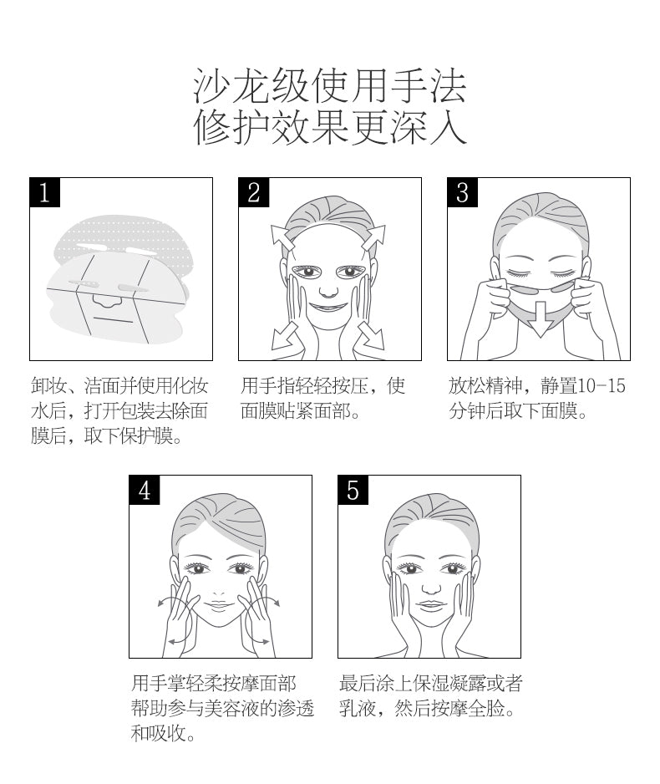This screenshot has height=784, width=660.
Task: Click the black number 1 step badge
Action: point(44,192)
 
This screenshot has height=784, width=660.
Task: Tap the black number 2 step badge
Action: point(254,192)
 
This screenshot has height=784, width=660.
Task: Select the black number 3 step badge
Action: point(462,192)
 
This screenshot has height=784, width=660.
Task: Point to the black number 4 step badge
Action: point(145,490)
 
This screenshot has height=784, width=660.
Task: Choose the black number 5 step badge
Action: point(353,490)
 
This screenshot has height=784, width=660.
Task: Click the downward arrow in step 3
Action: point(541,319)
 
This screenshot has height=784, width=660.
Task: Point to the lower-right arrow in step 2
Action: point(371,335)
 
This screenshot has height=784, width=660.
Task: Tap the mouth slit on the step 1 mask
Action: point(108,318)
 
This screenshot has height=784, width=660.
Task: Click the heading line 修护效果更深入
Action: point(330,128)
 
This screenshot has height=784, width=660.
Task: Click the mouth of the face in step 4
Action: point(219,606)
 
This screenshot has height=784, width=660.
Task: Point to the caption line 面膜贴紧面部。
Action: point(301,411)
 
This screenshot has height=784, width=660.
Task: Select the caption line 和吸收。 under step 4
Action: point(163,734)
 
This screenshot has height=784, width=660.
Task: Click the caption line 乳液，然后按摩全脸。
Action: point(427,708)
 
